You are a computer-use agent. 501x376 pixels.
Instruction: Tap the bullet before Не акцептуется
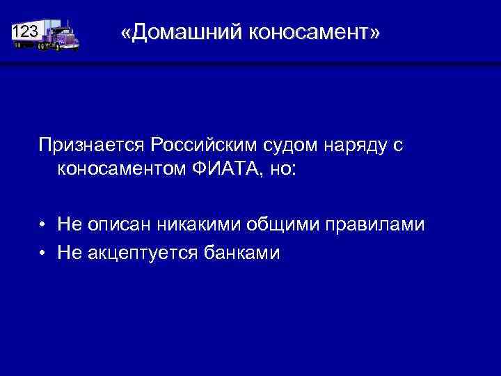(43, 253)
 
